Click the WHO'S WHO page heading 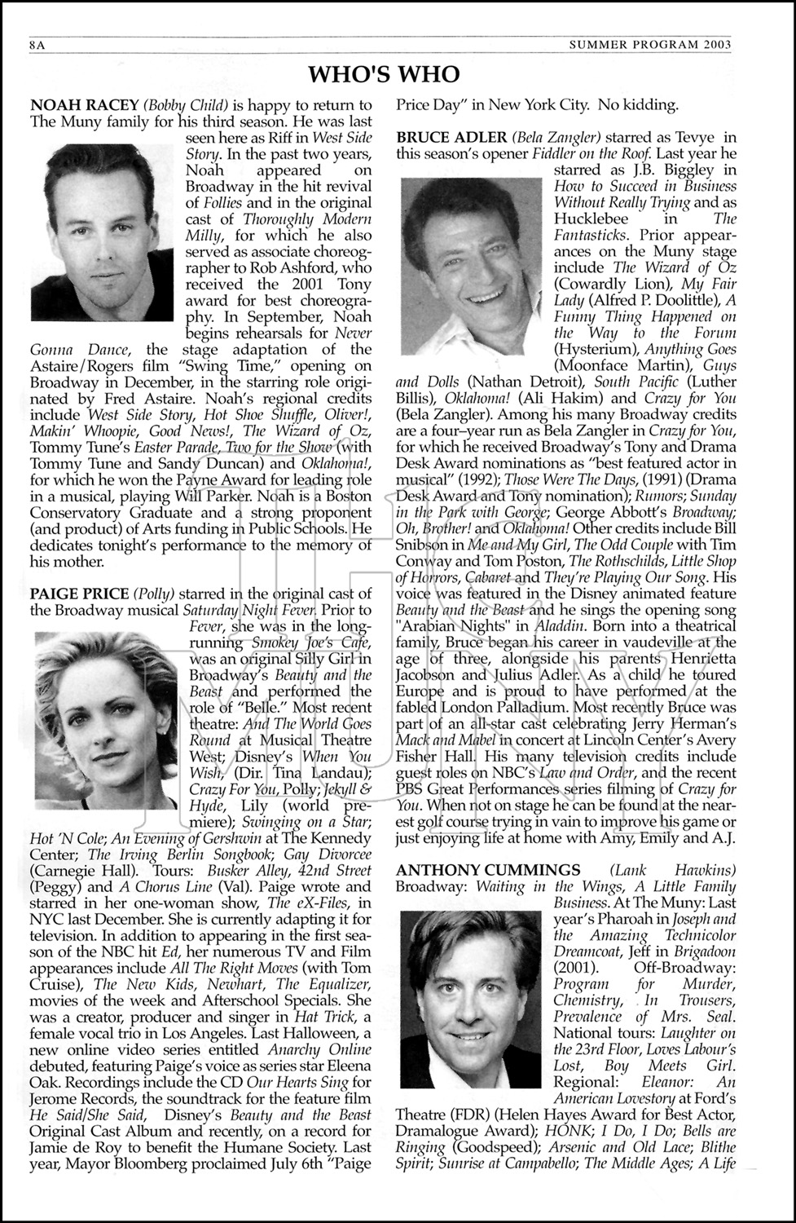pos(383,76)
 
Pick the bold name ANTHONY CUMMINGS pos(488,870)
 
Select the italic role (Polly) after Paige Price pos(156,594)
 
